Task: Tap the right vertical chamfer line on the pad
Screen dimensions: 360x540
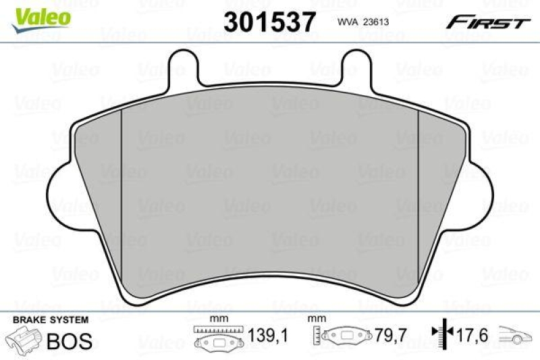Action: tap(419, 196)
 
